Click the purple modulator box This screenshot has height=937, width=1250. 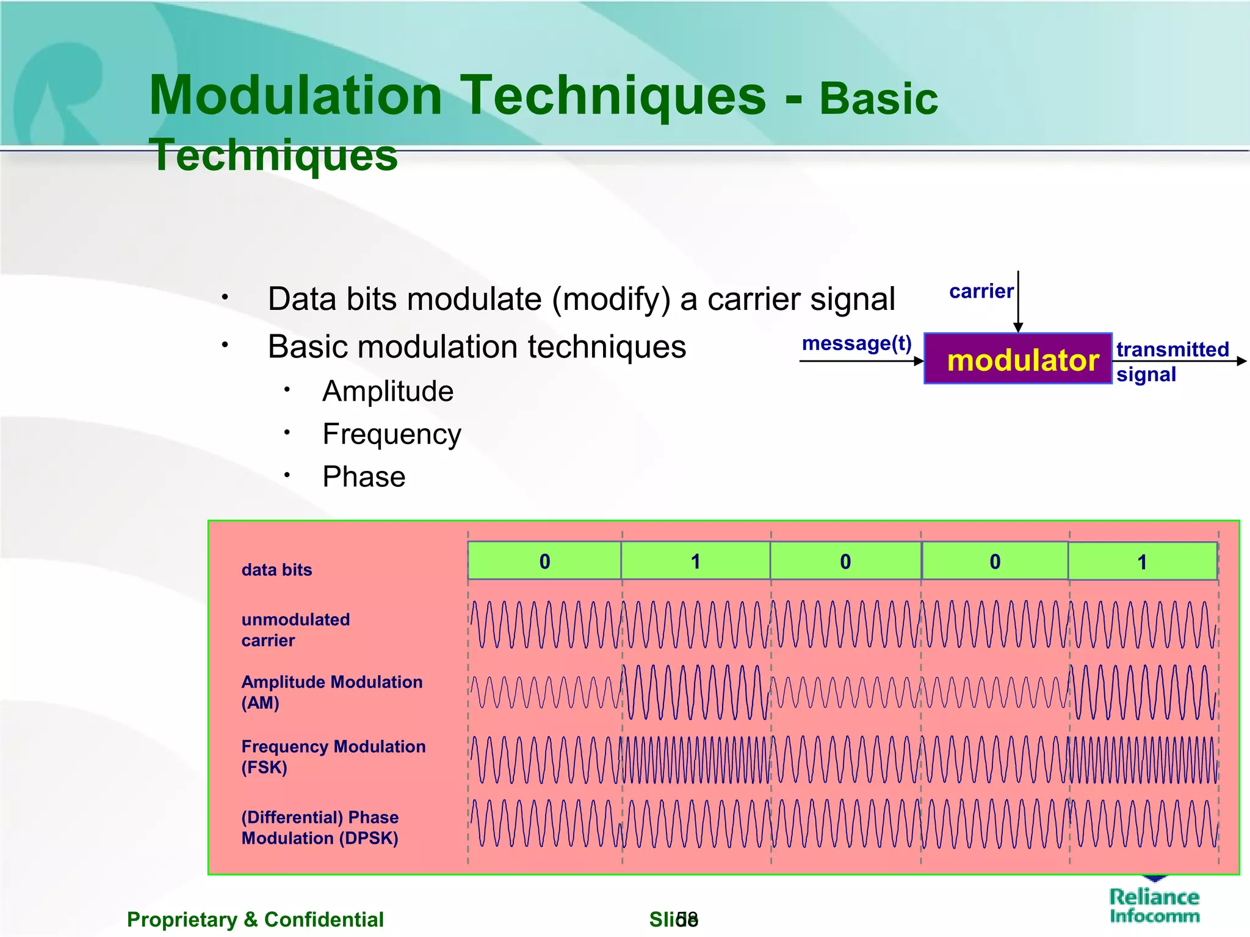[x=1017, y=359]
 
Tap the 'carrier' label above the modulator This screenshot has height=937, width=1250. [x=981, y=292]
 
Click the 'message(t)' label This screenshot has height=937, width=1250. [x=856, y=343]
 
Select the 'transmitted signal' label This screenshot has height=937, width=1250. [x=1172, y=361]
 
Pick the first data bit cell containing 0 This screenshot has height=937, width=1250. [x=544, y=561]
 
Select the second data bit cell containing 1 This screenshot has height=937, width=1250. [x=695, y=561]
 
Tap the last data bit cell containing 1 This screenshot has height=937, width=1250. [x=1142, y=562]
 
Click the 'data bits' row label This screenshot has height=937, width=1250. [x=276, y=570]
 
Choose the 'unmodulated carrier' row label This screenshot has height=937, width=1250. [x=295, y=630]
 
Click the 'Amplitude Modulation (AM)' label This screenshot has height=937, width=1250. [x=331, y=692]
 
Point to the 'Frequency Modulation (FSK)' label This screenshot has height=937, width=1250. [x=333, y=756]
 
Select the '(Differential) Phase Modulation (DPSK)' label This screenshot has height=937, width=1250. [x=320, y=827]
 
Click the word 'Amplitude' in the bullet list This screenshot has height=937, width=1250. [x=388, y=391]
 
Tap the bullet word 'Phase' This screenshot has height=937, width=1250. [x=364, y=476]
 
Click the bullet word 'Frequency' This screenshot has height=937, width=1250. [x=391, y=434]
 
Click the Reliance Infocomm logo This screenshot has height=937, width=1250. [x=1154, y=904]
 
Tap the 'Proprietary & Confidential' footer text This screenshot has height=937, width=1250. [x=255, y=919]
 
